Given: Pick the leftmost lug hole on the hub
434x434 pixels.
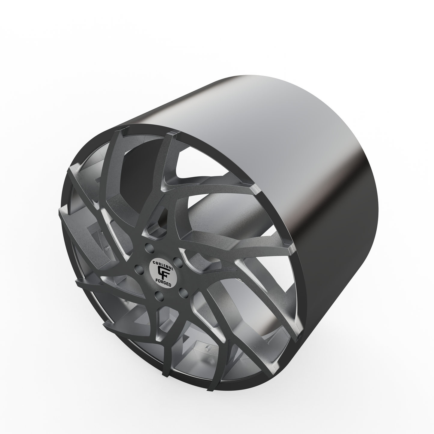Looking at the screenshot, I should [138, 268].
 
